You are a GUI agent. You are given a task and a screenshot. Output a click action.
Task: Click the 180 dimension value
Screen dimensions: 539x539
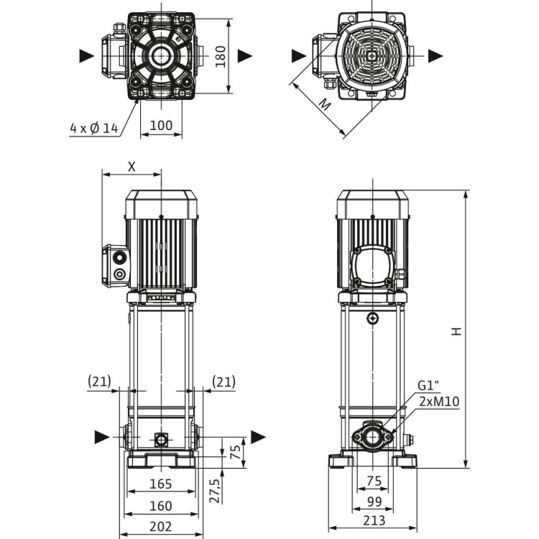click(220, 55)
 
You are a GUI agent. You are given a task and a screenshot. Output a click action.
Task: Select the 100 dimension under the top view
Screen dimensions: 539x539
click(160, 126)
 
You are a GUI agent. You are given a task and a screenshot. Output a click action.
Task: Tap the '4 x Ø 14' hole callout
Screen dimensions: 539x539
click(93, 128)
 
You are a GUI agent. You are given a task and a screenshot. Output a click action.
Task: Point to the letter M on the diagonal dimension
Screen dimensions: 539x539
click(326, 104)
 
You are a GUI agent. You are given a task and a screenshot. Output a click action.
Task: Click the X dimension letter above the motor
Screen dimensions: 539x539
click(132, 165)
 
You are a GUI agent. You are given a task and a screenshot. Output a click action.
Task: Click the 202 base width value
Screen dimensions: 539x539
click(160, 526)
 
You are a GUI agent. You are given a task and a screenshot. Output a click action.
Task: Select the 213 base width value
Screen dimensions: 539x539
click(374, 520)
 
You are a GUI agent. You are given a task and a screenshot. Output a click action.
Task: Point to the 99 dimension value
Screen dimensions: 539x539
click(373, 501)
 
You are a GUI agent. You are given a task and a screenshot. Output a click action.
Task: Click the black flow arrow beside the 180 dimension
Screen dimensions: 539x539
click(245, 55)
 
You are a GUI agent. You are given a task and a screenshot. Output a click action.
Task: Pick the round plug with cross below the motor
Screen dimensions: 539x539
click(373, 318)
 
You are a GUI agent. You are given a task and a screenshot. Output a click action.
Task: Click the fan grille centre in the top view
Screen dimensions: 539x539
click(372, 55)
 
